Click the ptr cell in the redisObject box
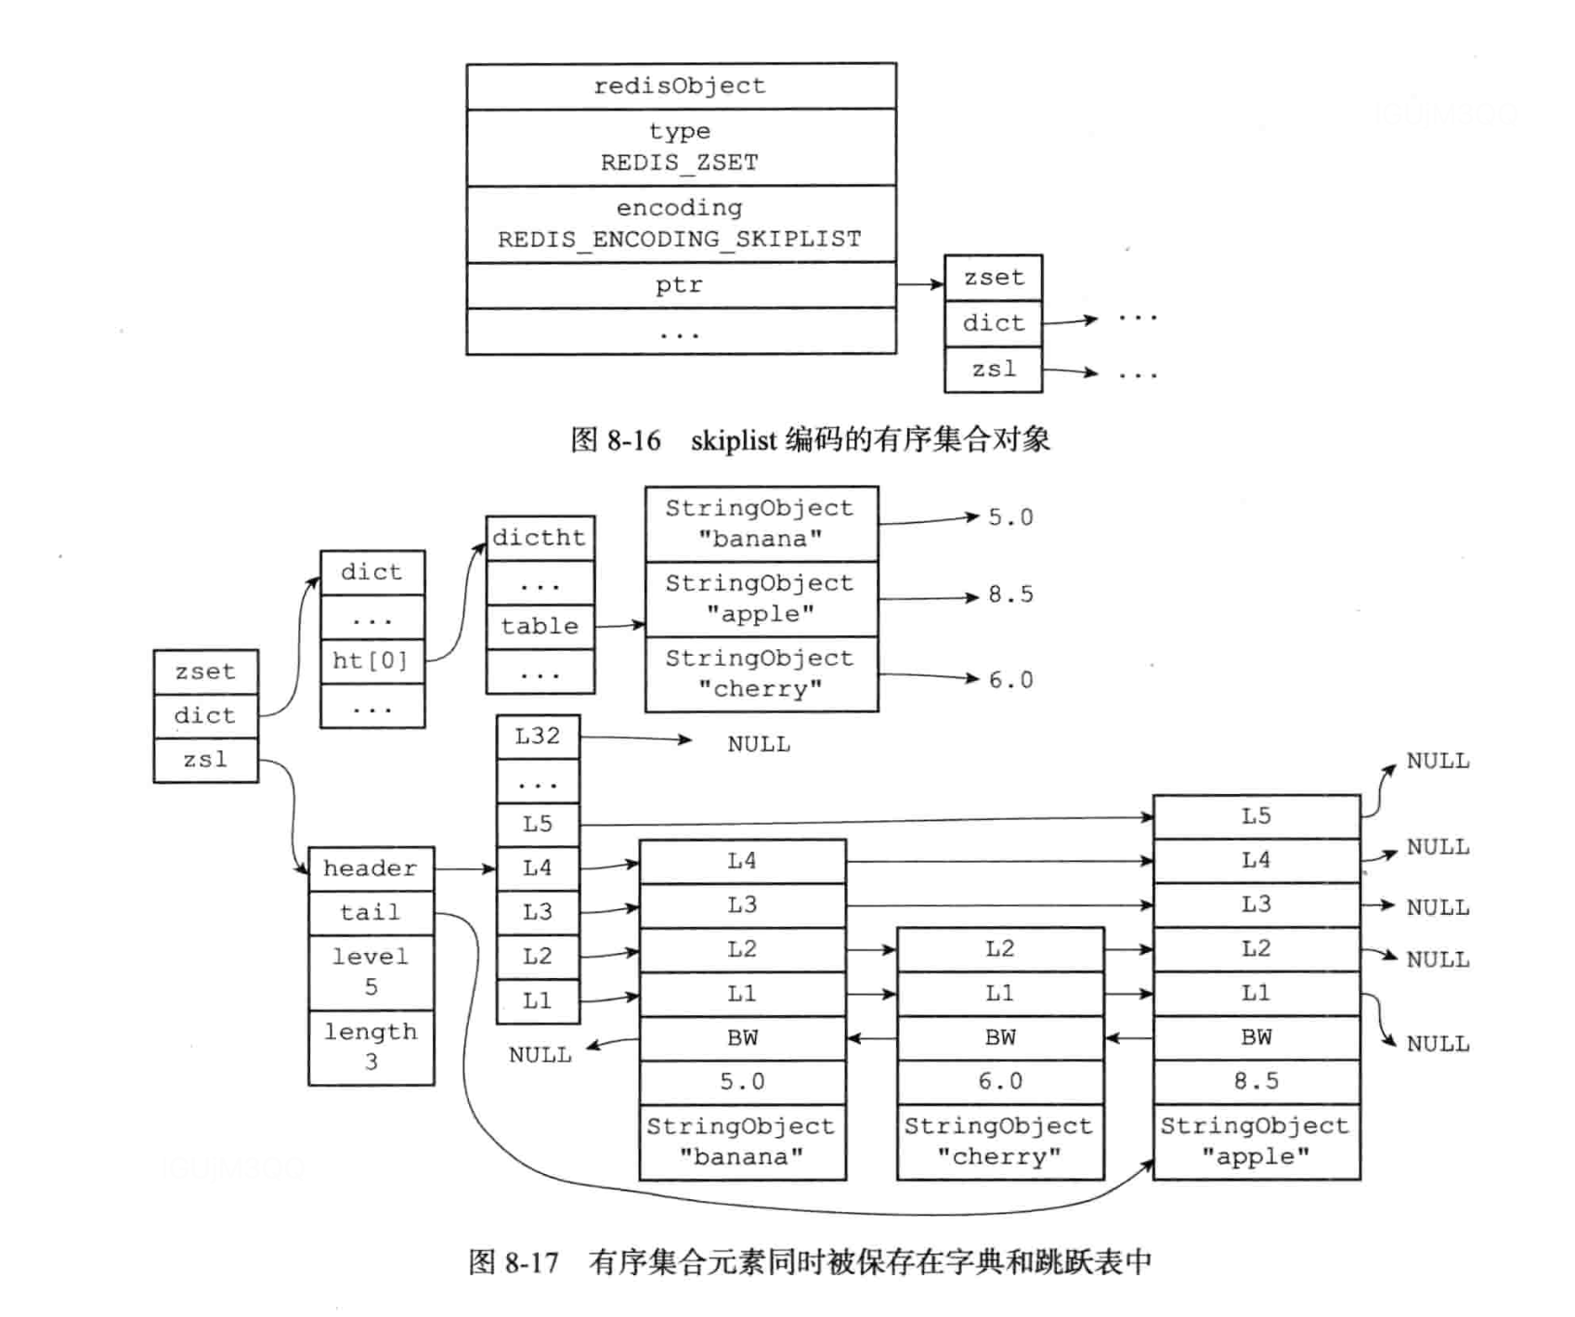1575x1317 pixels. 680,285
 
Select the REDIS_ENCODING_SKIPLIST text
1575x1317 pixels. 680,240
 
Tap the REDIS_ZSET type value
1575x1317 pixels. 680,163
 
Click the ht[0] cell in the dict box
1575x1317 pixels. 371,660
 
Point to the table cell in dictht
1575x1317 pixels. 540,626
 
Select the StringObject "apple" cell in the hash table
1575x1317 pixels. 761,599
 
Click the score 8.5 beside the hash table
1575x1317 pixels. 1010,594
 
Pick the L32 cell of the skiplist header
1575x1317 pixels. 538,737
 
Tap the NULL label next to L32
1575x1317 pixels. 759,744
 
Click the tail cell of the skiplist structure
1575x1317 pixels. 371,912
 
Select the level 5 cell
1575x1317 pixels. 371,971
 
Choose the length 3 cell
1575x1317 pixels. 371,1047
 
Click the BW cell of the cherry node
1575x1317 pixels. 999,1037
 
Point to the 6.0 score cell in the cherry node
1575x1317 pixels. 999,1081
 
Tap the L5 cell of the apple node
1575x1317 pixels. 1256,816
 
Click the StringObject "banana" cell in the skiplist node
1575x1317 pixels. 742,1141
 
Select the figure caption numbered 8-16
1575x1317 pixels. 810,439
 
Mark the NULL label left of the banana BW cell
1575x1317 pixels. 540,1055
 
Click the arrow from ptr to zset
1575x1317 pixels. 920,283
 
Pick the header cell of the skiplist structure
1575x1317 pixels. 371,868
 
